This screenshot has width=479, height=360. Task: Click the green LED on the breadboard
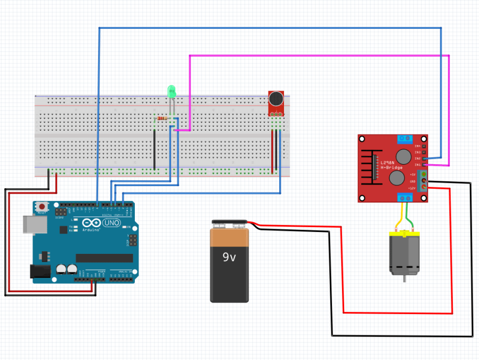[172, 91]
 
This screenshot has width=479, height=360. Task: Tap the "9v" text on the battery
[229, 257]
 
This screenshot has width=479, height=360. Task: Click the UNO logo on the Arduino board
[111, 223]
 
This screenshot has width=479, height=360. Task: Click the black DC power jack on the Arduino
[40, 271]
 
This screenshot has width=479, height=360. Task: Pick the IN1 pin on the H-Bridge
[424, 165]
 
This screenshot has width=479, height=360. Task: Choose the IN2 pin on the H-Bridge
[424, 158]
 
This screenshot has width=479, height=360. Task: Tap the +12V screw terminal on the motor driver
[424, 188]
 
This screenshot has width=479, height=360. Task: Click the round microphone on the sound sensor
[276, 99]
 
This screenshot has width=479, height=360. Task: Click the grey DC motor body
[404, 255]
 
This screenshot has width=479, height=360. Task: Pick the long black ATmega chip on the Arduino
[103, 258]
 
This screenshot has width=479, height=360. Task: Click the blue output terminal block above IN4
[405, 139]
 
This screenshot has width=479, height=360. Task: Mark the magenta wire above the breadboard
[320, 55]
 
